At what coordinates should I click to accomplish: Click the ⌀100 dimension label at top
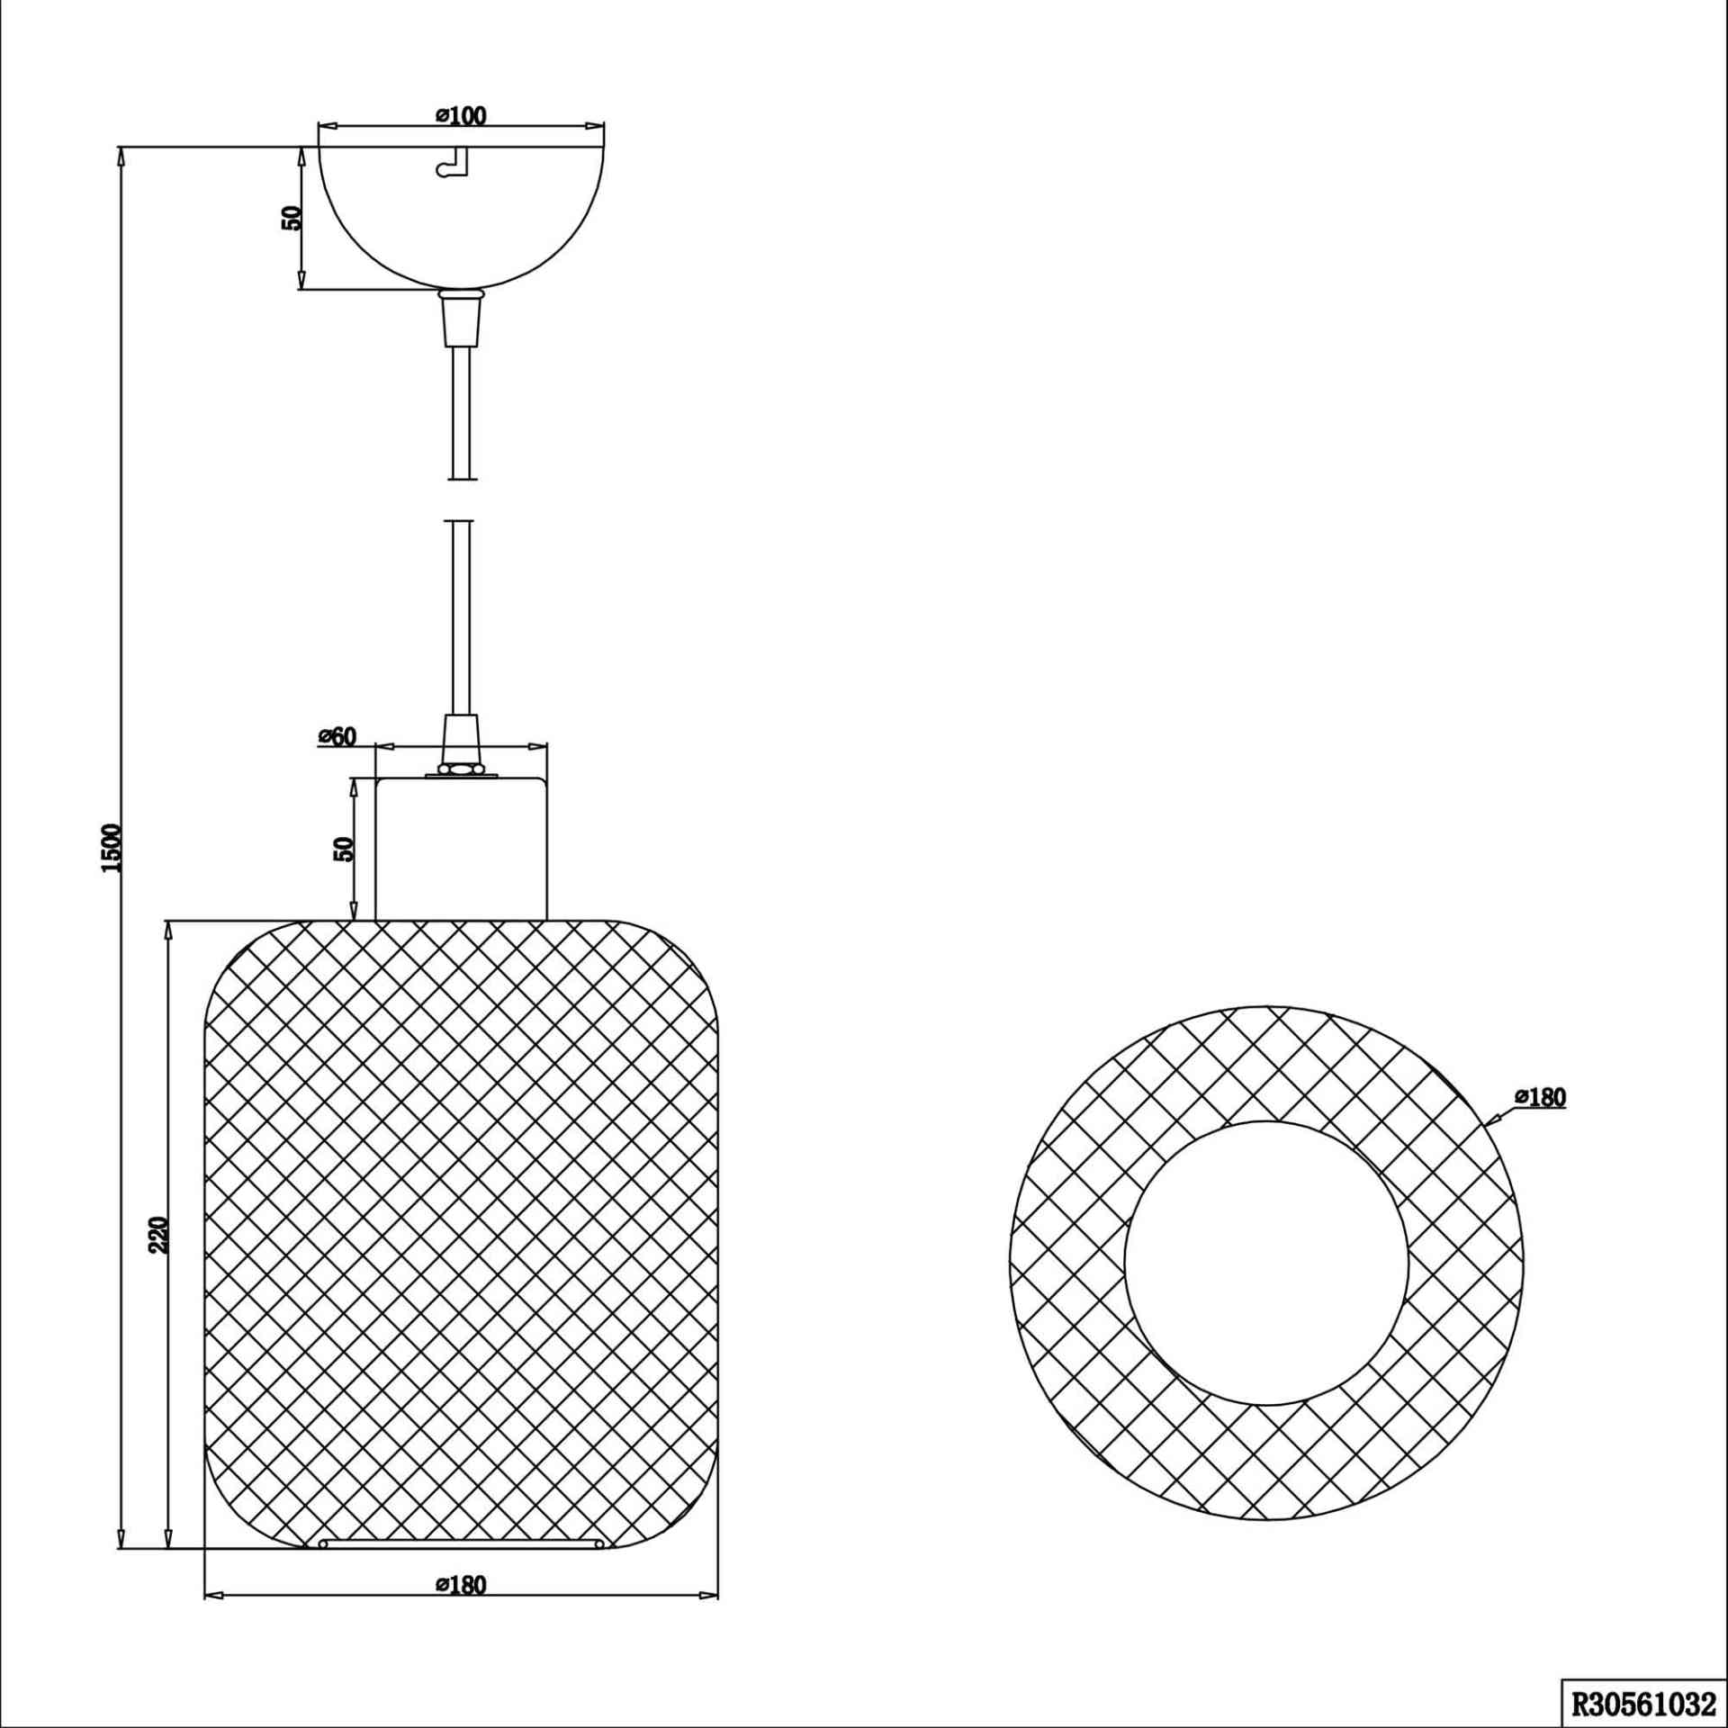coord(461,116)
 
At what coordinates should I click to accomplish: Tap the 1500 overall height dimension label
coord(111,848)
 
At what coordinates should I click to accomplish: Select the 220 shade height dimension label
coord(158,1235)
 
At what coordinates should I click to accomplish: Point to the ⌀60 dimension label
coord(337,737)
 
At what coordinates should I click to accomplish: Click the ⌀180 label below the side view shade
coord(461,1585)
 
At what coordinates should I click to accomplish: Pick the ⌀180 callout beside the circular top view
coord(1541,1097)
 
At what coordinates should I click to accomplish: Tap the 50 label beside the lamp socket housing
coord(344,849)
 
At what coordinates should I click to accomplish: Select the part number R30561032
coord(1643,1703)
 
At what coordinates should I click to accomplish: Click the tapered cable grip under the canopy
coord(460,318)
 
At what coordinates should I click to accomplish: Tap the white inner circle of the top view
coord(1265,1263)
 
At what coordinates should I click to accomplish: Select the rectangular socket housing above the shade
coord(461,849)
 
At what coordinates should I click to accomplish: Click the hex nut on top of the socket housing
coord(461,770)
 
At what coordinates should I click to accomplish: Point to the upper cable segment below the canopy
coord(460,412)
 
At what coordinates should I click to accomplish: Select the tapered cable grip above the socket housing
coord(460,741)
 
